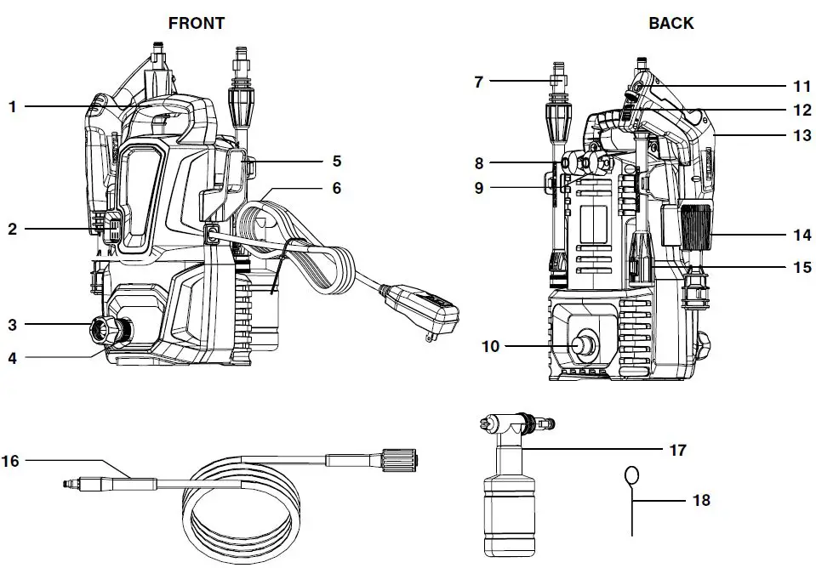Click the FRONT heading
(x=197, y=23)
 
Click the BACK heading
(x=670, y=23)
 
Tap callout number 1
(x=13, y=106)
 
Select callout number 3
(x=13, y=325)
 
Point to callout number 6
(x=337, y=188)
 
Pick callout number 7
(x=478, y=82)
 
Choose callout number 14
(x=802, y=236)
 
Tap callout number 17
(x=677, y=450)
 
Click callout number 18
(x=701, y=501)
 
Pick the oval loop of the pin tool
(x=632, y=475)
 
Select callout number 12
(x=802, y=110)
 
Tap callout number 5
(x=337, y=160)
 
